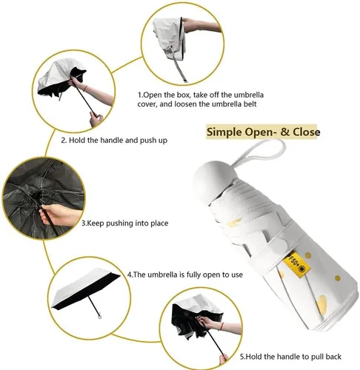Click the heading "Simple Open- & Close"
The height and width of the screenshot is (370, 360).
click(263, 132)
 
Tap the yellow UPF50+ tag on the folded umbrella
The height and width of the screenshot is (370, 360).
click(296, 264)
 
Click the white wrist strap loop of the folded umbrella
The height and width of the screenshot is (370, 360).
click(259, 152)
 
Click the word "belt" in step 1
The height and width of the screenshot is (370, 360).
click(250, 104)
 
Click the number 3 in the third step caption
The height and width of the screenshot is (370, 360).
click(84, 223)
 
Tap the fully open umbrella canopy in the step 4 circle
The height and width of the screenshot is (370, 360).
click(86, 287)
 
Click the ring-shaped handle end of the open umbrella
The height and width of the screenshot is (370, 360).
click(100, 316)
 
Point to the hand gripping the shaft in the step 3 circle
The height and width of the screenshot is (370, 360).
click(57, 215)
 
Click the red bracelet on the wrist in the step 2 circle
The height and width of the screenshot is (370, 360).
click(85, 88)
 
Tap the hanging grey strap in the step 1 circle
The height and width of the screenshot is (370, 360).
click(179, 66)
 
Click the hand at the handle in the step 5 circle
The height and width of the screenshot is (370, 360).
click(224, 359)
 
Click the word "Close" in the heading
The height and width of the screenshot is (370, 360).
click(307, 132)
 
